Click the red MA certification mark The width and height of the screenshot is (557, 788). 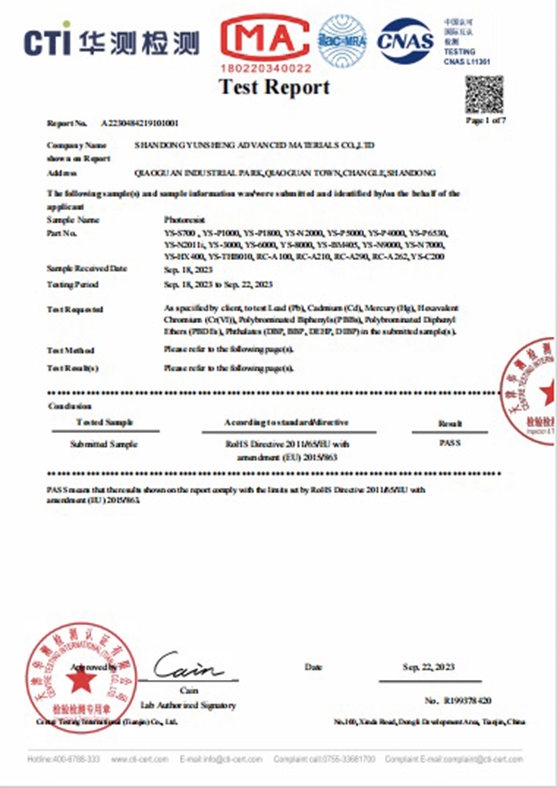point(265,38)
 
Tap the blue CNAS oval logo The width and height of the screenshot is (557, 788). point(406,41)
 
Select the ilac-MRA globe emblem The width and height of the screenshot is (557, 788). point(342,41)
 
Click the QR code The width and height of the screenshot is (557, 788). point(484,95)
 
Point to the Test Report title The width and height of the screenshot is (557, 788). point(274,87)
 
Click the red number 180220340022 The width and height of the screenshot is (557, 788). point(266,69)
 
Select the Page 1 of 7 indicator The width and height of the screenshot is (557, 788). point(485,121)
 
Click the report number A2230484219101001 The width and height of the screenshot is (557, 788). point(140,124)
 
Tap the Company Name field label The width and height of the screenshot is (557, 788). point(76,145)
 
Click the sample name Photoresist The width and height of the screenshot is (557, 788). point(184,220)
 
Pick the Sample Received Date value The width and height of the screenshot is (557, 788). point(188,270)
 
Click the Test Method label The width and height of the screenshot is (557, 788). point(70,351)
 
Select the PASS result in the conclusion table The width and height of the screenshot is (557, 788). point(450,443)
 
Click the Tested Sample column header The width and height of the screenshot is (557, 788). point(105,423)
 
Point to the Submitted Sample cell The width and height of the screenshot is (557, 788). point(104,445)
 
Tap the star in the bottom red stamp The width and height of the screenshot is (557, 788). point(81,681)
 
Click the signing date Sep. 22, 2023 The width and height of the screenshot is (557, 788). point(429,667)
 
